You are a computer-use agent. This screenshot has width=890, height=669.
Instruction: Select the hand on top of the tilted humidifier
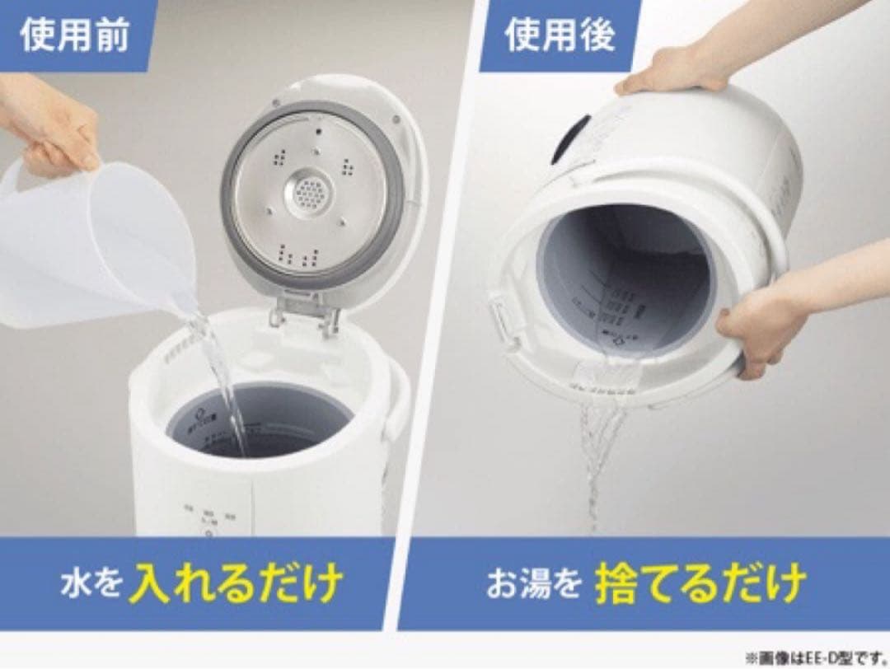click(x=676, y=71)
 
